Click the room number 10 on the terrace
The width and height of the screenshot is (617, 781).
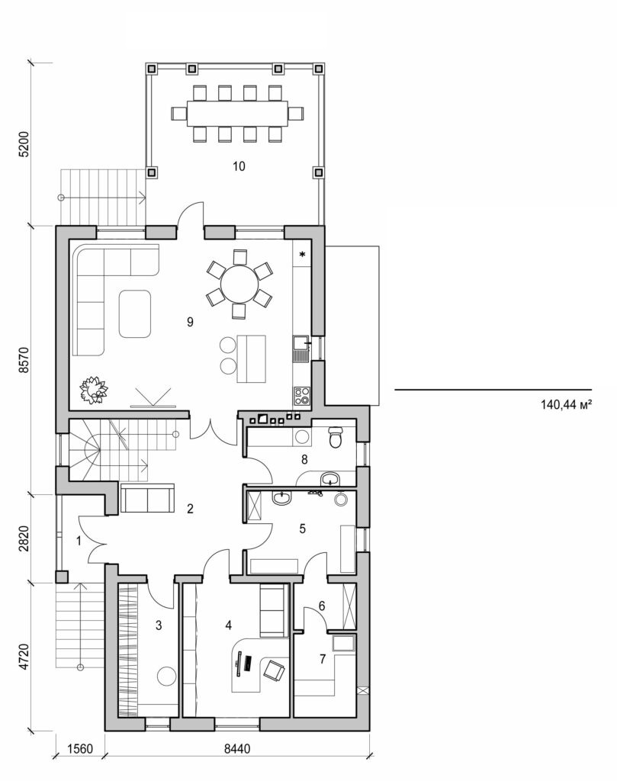[x=239, y=166]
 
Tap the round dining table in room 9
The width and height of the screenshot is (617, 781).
[x=239, y=283]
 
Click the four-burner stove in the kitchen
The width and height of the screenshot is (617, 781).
[x=301, y=395]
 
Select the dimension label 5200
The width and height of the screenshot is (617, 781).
[x=24, y=144]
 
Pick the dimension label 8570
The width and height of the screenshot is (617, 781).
[x=24, y=359]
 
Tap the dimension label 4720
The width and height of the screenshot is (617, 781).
[x=24, y=656]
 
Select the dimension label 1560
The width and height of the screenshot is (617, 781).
[x=79, y=750]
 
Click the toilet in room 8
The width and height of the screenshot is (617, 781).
[x=336, y=439]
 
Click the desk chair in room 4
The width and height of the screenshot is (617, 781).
[x=273, y=671]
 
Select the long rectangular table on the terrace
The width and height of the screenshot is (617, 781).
[x=238, y=114]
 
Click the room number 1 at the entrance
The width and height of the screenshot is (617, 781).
[x=79, y=541]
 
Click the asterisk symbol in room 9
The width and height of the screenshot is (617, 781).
[x=303, y=254]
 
